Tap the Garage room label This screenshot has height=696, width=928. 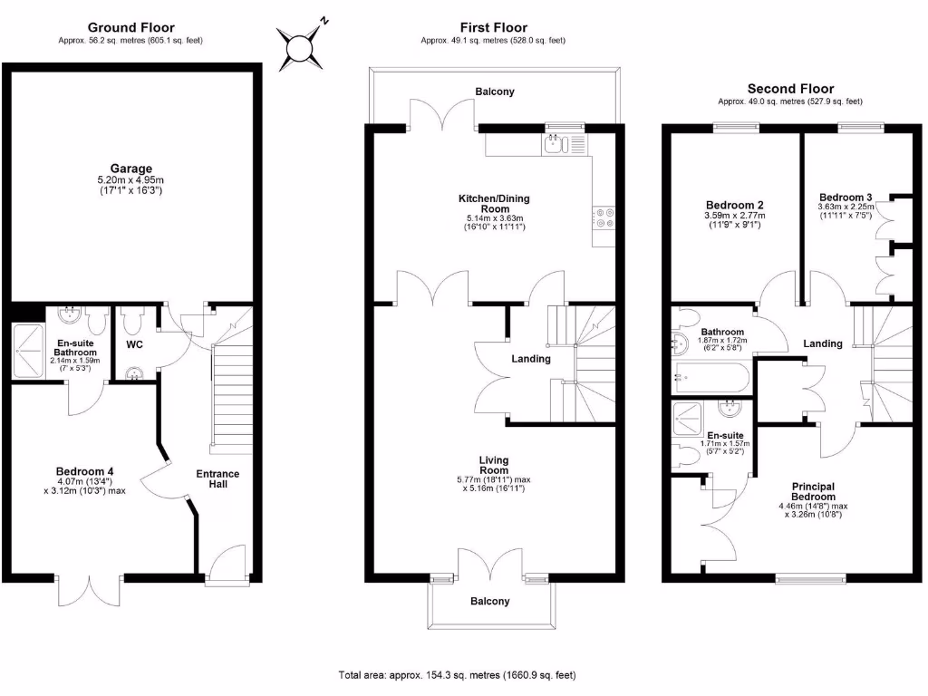(x=131, y=169)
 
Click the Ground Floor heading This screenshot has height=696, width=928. (x=131, y=28)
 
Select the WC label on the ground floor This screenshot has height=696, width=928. (x=135, y=345)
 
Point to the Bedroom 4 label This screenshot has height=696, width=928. (x=84, y=471)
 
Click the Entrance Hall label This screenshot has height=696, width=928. (x=218, y=478)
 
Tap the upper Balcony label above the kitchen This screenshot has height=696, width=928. (x=495, y=92)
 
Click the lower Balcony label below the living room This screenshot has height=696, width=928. (x=489, y=601)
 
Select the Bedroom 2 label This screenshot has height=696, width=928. (x=734, y=205)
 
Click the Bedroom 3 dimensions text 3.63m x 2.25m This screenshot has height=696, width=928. (x=846, y=208)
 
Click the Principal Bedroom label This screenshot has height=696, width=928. (x=813, y=491)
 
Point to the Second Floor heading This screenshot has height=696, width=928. (x=790, y=89)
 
